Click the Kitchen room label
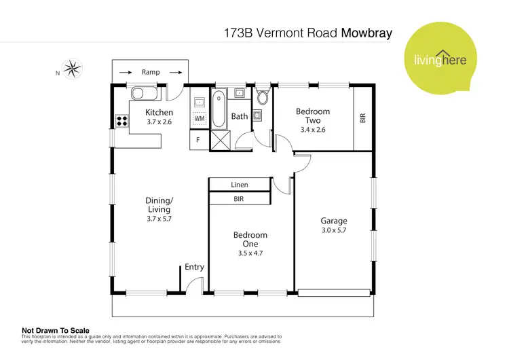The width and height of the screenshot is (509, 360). [159, 112]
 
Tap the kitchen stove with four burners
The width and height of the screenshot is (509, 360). [123, 122]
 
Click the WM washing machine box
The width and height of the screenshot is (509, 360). [200, 119]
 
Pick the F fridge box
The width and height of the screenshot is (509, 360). [198, 141]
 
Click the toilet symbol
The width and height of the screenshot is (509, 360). [263, 96]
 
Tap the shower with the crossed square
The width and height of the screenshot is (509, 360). [221, 141]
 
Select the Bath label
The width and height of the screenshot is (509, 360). [240, 116]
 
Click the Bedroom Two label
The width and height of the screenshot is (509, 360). [313, 116]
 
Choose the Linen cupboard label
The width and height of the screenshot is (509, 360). [240, 185]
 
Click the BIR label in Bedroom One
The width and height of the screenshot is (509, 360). [239, 200]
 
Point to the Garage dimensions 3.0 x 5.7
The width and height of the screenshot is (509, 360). [333, 231]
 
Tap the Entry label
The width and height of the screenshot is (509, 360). [194, 267]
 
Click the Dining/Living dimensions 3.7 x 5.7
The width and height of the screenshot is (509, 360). [159, 219]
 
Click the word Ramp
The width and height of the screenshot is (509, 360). [151, 71]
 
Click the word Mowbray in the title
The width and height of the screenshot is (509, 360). [366, 32]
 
